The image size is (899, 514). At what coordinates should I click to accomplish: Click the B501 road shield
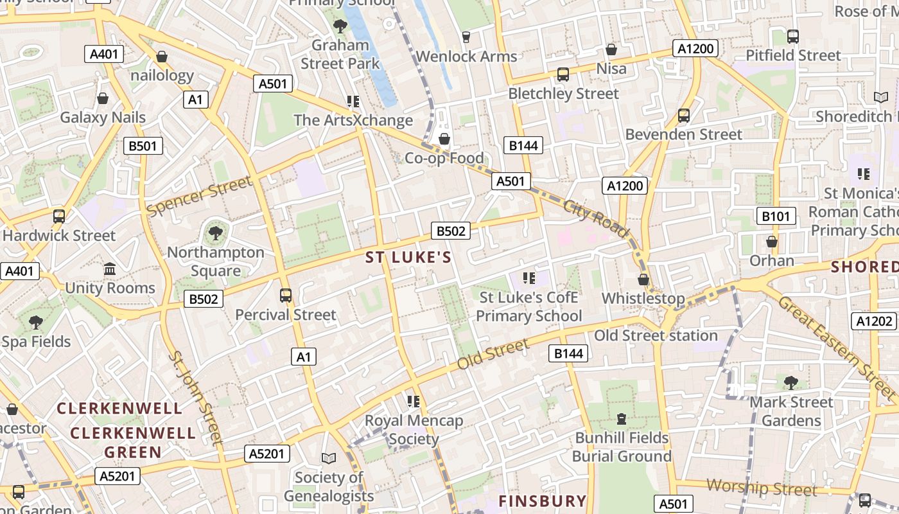[143, 146]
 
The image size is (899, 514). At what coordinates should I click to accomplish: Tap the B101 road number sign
[776, 216]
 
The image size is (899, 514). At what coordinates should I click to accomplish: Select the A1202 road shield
[874, 321]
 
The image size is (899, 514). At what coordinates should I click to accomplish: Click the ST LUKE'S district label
[408, 258]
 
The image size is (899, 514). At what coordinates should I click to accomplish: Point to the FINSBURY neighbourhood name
[543, 501]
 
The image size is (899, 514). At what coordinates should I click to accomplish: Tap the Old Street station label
[656, 335]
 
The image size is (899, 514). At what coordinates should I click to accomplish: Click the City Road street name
[597, 218]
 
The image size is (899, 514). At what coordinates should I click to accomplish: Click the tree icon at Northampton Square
[216, 233]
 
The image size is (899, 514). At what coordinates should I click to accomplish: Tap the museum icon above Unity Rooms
[110, 269]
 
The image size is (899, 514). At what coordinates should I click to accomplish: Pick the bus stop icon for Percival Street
[286, 296]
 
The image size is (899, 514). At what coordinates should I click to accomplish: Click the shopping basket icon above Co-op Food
[444, 139]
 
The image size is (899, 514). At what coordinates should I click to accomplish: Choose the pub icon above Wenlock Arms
[466, 37]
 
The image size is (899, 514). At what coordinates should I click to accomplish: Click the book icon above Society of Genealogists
[329, 458]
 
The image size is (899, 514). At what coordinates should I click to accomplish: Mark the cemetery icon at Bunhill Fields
[621, 419]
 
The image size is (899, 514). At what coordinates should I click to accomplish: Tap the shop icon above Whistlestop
[643, 279]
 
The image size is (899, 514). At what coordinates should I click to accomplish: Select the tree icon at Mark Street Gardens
[791, 383]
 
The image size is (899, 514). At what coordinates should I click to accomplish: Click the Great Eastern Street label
[828, 340]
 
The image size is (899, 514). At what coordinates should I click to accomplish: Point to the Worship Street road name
[762, 488]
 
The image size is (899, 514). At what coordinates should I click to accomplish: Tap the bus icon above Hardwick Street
[59, 217]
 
